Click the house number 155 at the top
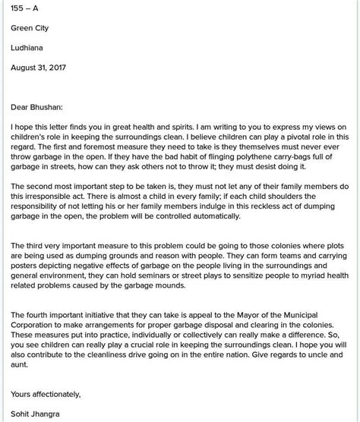click(19, 8)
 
